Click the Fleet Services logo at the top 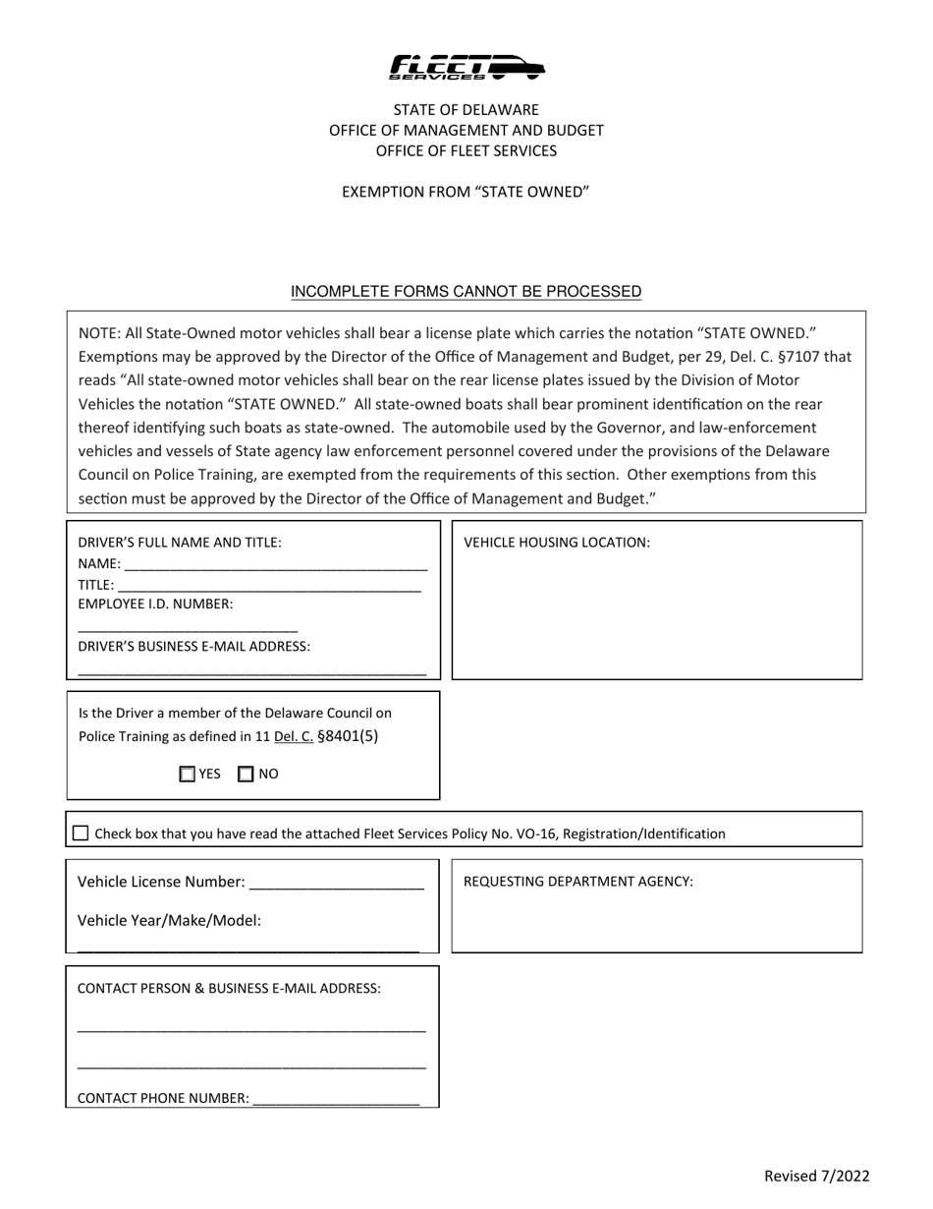[466, 67]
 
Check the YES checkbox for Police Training [188, 774]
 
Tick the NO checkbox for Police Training [247, 774]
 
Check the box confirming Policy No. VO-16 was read [81, 834]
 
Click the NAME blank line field [276, 566]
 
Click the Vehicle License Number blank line [337, 884]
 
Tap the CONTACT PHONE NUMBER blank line [336, 1100]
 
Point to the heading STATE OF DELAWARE [466, 109]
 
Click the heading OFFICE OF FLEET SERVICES [466, 150]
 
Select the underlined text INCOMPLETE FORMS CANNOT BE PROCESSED [466, 291]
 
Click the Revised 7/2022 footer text [817, 1176]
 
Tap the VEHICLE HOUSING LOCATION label [557, 542]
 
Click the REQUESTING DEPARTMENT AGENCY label [577, 881]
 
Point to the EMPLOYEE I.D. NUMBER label [155, 604]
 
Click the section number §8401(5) [348, 735]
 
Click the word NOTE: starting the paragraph [99, 332]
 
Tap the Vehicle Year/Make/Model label [169, 921]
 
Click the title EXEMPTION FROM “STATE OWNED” [466, 192]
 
